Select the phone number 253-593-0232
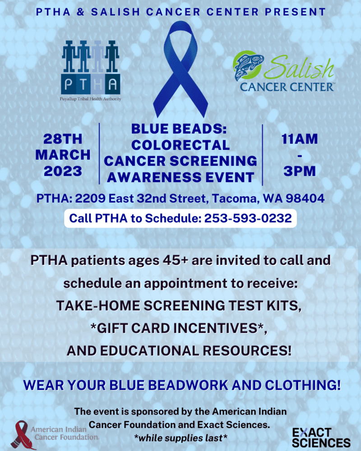(x=248, y=218)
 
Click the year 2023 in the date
(x=63, y=171)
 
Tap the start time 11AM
(x=299, y=139)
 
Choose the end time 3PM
(x=299, y=171)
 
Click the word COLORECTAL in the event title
(x=180, y=145)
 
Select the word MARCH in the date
(x=63, y=155)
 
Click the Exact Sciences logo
(x=321, y=437)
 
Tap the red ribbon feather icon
(x=22, y=434)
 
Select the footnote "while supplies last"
(x=181, y=438)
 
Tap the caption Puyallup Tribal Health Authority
(x=90, y=99)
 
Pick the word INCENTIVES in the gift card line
(x=220, y=328)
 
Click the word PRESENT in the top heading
(x=296, y=12)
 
